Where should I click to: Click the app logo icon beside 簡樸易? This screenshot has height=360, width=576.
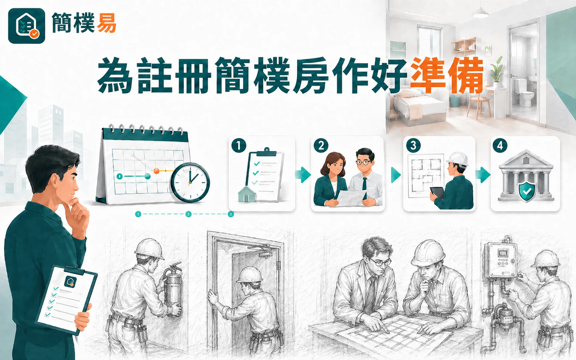[x=27, y=26]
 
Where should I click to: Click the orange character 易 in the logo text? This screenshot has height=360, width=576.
[x=106, y=23]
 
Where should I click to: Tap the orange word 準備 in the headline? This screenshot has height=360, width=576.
[x=447, y=75]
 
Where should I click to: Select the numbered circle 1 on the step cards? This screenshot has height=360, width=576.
[x=239, y=146]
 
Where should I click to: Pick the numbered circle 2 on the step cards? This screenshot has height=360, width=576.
[x=321, y=146]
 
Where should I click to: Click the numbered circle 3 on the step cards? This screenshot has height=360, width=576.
[x=413, y=146]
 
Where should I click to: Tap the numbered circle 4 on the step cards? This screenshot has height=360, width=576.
[x=500, y=146]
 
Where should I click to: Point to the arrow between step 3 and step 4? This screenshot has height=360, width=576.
[x=483, y=175]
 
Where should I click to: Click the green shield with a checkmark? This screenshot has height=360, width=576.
[x=527, y=192]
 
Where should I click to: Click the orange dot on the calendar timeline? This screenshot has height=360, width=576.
[x=157, y=171]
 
